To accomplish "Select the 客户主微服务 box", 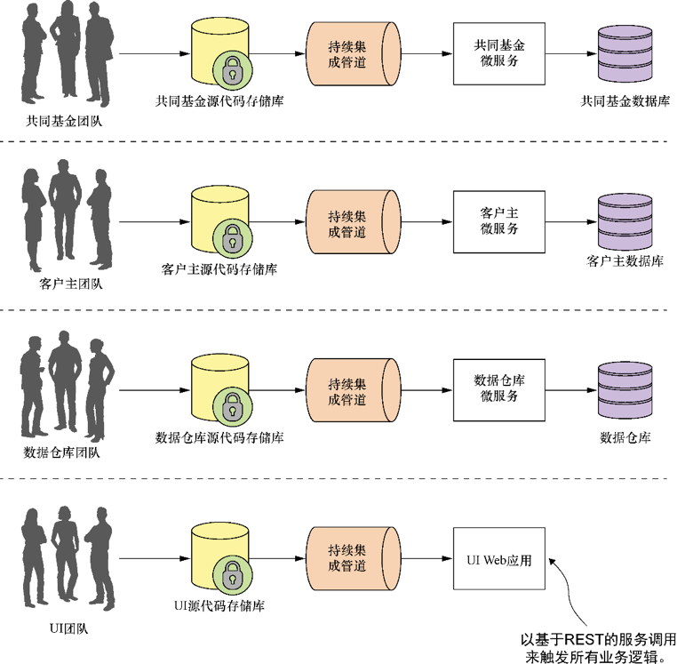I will [498, 220].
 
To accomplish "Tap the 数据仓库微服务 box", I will [498, 389].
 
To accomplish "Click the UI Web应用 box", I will [498, 557].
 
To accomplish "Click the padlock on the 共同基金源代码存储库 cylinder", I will [231, 69].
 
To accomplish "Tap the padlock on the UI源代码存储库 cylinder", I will [231, 574].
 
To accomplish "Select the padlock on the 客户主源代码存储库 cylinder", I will [231, 237].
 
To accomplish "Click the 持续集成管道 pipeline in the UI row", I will [346, 557].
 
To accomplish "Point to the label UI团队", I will [65, 629].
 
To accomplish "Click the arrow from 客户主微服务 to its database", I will [569, 221].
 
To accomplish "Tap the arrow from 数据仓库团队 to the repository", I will [155, 389].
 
